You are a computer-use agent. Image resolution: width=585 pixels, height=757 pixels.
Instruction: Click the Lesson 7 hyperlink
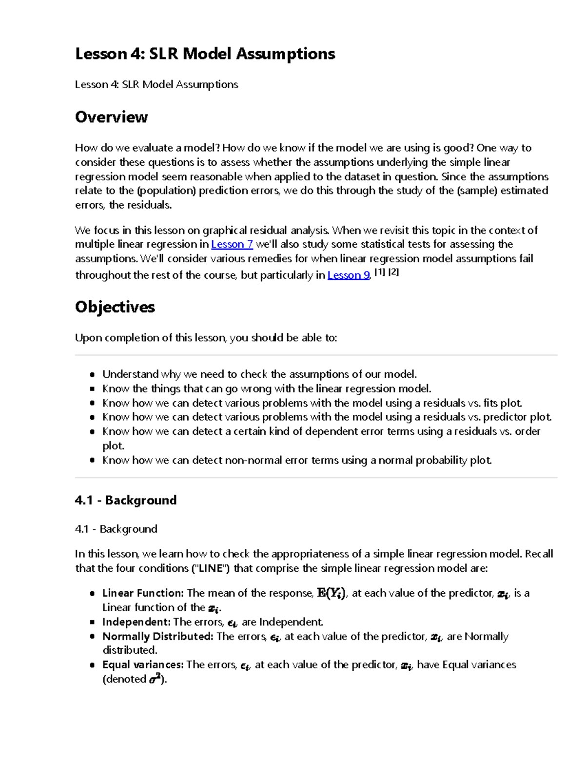pyautogui.click(x=232, y=244)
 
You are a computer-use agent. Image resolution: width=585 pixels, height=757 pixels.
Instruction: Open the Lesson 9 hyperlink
pyautogui.click(x=349, y=275)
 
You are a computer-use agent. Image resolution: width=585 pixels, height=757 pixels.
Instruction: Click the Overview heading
pyautogui.click(x=111, y=117)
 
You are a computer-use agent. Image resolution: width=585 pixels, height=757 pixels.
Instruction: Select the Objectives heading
pyautogui.click(x=115, y=307)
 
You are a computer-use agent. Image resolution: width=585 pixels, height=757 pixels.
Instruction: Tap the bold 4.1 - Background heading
pyautogui.click(x=126, y=500)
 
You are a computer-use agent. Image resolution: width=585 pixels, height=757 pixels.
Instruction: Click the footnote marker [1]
pyautogui.click(x=379, y=272)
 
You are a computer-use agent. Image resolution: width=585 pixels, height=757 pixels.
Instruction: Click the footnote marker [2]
pyautogui.click(x=393, y=272)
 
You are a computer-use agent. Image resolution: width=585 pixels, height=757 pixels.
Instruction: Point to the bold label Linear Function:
pyautogui.click(x=143, y=593)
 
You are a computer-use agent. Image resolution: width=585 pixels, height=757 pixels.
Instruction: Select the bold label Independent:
pyautogui.click(x=136, y=622)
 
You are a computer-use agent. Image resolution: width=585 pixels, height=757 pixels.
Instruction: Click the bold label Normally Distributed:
pyautogui.click(x=157, y=636)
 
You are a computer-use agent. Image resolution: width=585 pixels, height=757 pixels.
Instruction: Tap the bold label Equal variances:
pyautogui.click(x=143, y=664)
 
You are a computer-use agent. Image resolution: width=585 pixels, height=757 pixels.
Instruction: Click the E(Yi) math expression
pyautogui.click(x=331, y=593)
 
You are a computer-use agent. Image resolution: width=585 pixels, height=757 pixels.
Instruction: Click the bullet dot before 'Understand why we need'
pyautogui.click(x=92, y=374)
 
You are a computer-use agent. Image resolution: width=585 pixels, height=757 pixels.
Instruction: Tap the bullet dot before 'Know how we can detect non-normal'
pyautogui.click(x=92, y=460)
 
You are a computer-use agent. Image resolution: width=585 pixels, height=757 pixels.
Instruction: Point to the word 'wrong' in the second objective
pyautogui.click(x=256, y=388)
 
